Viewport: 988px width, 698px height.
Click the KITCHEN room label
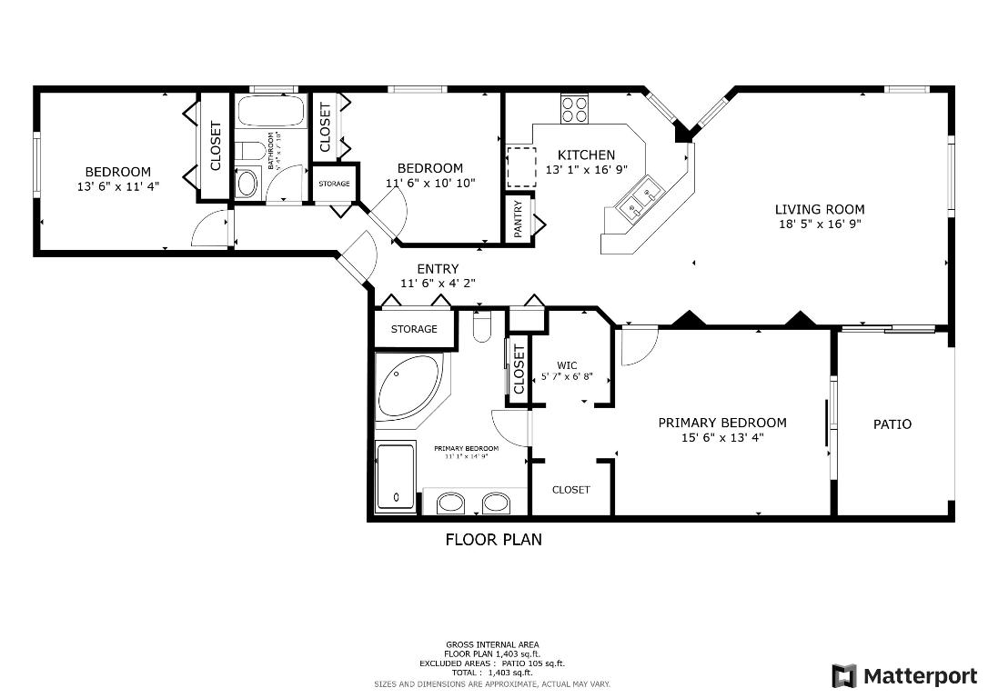[586, 155]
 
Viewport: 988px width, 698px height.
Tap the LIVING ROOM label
[820, 209]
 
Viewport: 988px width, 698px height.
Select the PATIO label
[892, 424]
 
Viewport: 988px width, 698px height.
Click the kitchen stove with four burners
[574, 109]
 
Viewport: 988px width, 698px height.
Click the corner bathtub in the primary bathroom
[407, 387]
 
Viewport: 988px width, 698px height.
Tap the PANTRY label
[519, 219]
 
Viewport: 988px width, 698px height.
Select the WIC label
[568, 365]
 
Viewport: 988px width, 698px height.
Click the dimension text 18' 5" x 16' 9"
[820, 224]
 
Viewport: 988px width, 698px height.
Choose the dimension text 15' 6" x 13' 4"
[721, 437]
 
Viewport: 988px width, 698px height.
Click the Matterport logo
[904, 676]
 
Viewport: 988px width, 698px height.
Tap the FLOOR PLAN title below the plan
[493, 540]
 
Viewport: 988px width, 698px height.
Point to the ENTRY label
[438, 269]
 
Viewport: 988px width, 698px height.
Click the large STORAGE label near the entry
[414, 329]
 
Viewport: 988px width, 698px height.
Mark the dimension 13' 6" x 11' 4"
[118, 187]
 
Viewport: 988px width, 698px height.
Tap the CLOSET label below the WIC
[570, 490]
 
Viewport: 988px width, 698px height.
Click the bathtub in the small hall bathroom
[270, 113]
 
